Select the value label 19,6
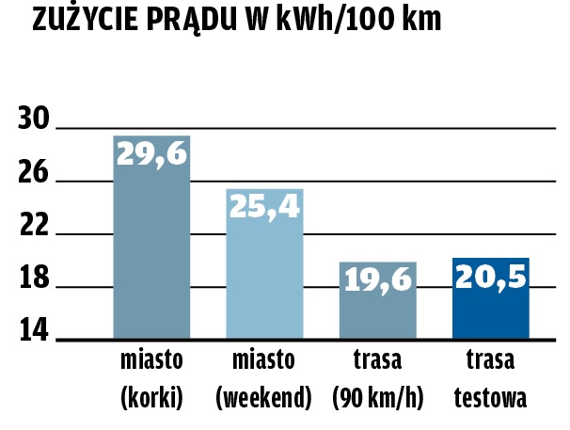[377, 279]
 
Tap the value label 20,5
[490, 277]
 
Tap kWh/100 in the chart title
[340, 20]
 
